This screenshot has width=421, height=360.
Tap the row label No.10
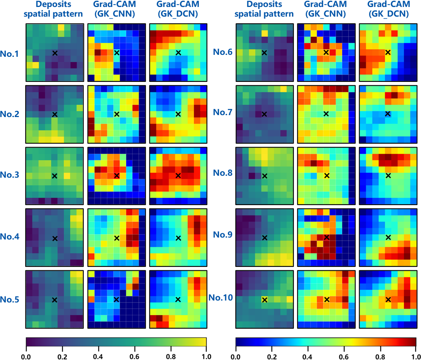point(221,297)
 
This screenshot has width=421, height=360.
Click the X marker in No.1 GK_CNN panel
point(117,53)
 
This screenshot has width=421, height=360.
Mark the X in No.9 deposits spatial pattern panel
point(265,238)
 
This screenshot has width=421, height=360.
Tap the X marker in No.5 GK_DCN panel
point(178,299)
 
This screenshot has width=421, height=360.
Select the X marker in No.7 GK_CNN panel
point(326,114)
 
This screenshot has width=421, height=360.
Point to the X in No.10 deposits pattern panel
point(265,299)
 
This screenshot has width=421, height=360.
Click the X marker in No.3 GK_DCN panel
point(178,176)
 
